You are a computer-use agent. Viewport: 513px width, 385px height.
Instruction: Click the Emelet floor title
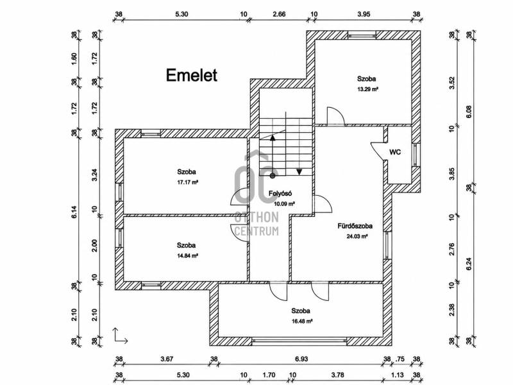191,75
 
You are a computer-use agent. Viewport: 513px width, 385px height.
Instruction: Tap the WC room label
395,152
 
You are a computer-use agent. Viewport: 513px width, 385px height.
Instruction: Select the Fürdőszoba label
355,226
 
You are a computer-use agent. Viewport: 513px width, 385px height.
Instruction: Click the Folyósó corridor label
280,194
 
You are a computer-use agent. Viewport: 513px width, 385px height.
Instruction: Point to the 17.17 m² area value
188,182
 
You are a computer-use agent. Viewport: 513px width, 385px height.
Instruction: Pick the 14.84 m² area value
187,255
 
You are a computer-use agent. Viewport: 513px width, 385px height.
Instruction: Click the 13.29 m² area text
367,89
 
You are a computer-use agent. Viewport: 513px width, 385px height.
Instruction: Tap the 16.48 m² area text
302,321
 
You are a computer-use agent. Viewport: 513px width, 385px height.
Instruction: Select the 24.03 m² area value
357,236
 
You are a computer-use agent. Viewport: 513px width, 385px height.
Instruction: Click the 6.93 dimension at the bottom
301,359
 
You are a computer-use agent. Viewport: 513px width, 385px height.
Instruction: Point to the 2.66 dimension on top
279,14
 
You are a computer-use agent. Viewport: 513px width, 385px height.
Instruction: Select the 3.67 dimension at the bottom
167,359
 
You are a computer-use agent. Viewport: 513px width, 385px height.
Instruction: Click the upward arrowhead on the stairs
272,137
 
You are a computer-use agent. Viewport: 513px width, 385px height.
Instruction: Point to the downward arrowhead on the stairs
299,171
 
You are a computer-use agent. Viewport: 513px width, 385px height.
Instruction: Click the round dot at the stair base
273,176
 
